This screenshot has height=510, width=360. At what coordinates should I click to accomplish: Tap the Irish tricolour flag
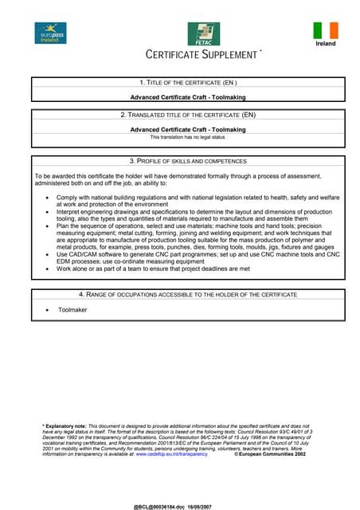326,30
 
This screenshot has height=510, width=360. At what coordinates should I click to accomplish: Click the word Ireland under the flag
326,44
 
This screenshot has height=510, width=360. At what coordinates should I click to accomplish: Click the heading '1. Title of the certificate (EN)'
188,83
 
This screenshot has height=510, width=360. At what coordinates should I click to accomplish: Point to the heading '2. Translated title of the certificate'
188,115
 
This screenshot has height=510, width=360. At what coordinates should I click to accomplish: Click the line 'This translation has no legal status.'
188,137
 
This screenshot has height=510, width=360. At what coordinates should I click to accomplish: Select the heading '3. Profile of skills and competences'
188,161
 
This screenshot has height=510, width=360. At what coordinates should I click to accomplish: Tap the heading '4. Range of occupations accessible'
188,294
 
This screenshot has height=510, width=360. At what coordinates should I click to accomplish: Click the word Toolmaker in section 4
72,309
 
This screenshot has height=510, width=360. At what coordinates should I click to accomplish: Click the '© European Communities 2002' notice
270,454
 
